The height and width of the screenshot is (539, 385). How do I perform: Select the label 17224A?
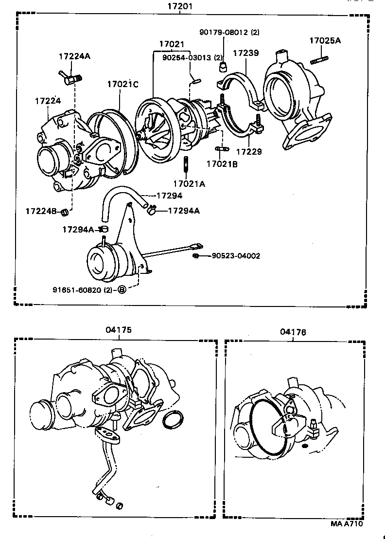[x=74, y=56]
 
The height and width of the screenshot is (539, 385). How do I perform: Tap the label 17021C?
[x=122, y=84]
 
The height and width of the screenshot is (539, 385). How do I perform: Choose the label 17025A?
[x=325, y=41]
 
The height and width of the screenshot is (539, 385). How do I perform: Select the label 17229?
[x=249, y=152]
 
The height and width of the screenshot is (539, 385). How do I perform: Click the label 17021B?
[x=222, y=164]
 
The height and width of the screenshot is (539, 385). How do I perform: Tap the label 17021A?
[x=189, y=183]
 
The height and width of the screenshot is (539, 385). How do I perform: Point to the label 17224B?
[x=41, y=211]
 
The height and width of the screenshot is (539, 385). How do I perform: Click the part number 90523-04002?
[x=235, y=256]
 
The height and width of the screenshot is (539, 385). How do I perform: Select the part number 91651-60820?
[x=83, y=290]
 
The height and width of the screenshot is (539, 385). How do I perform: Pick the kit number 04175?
[x=118, y=330]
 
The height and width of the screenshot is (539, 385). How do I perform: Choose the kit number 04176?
[x=293, y=332]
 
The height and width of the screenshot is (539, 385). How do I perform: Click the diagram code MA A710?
[x=347, y=523]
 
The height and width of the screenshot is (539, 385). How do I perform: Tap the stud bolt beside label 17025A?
[x=318, y=60]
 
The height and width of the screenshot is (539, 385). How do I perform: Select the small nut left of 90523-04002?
[x=195, y=256]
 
